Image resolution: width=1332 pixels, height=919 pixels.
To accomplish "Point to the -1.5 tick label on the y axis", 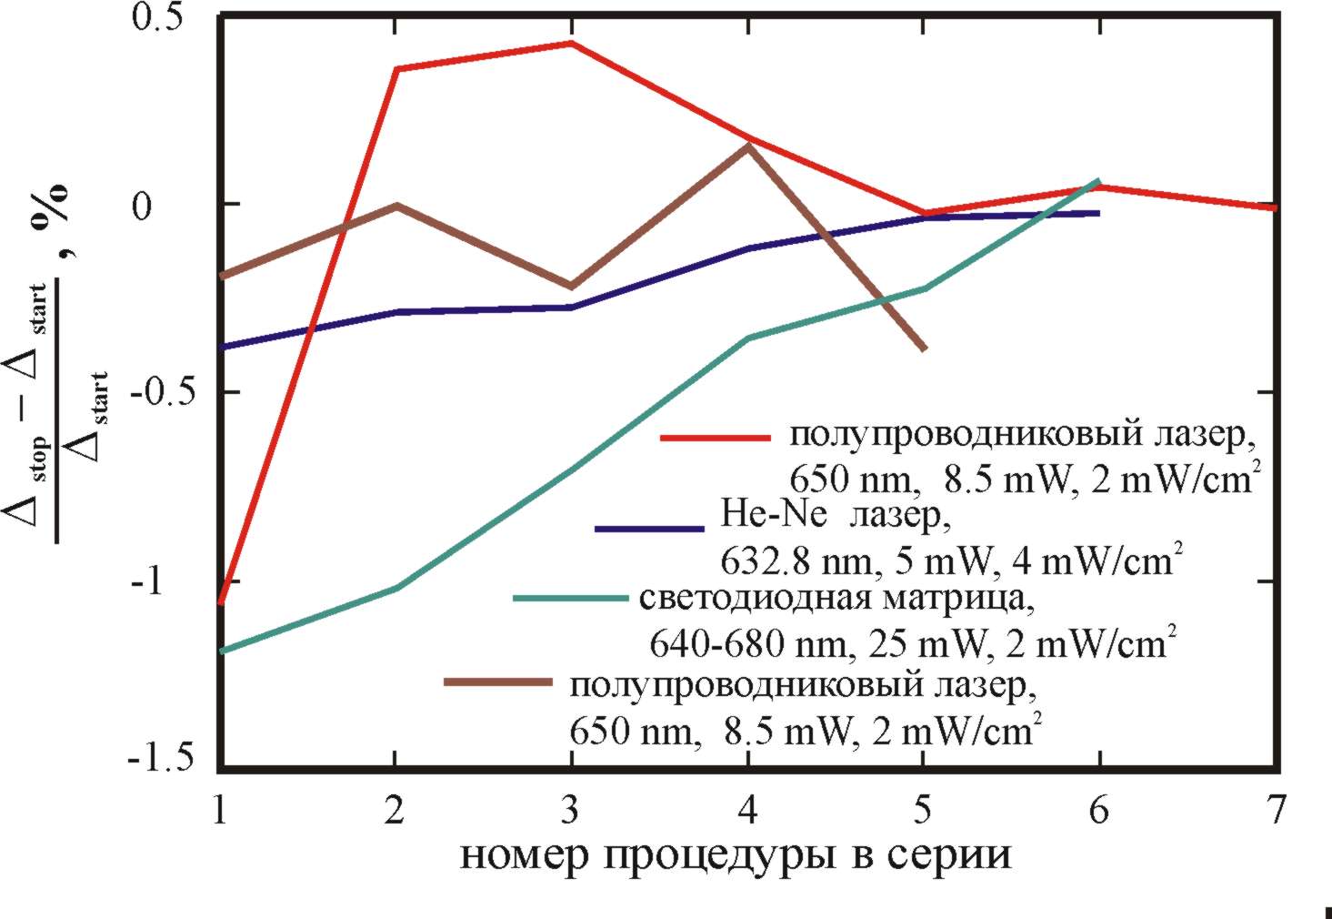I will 161,760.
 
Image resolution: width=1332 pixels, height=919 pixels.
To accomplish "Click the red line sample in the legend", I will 715,438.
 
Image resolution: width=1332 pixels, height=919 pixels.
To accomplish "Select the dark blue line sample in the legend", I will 649,529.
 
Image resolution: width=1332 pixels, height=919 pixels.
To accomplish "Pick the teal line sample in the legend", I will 570,599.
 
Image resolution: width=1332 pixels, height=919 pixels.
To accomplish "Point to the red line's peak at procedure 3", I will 571,43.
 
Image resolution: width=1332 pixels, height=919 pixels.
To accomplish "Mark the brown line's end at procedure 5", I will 924,348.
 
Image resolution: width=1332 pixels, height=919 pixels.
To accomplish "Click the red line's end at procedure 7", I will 1275,208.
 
